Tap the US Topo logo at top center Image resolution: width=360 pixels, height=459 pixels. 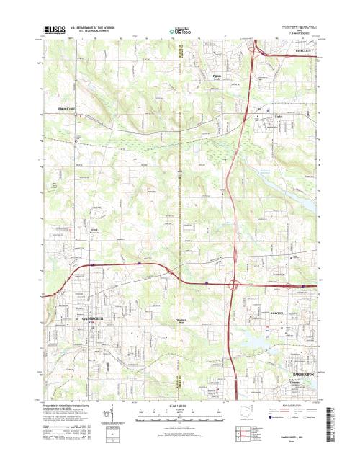pyautogui.click(x=180, y=32)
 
